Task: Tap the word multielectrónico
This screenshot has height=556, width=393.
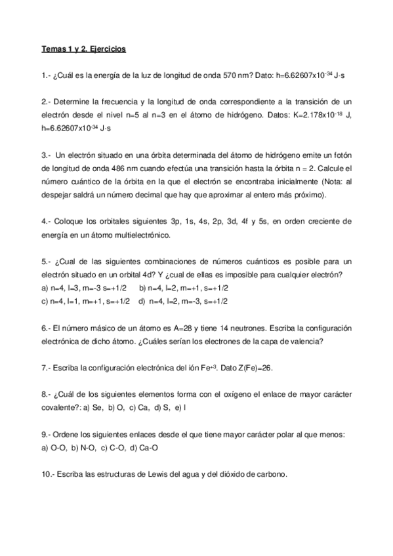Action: [x=140, y=234]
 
